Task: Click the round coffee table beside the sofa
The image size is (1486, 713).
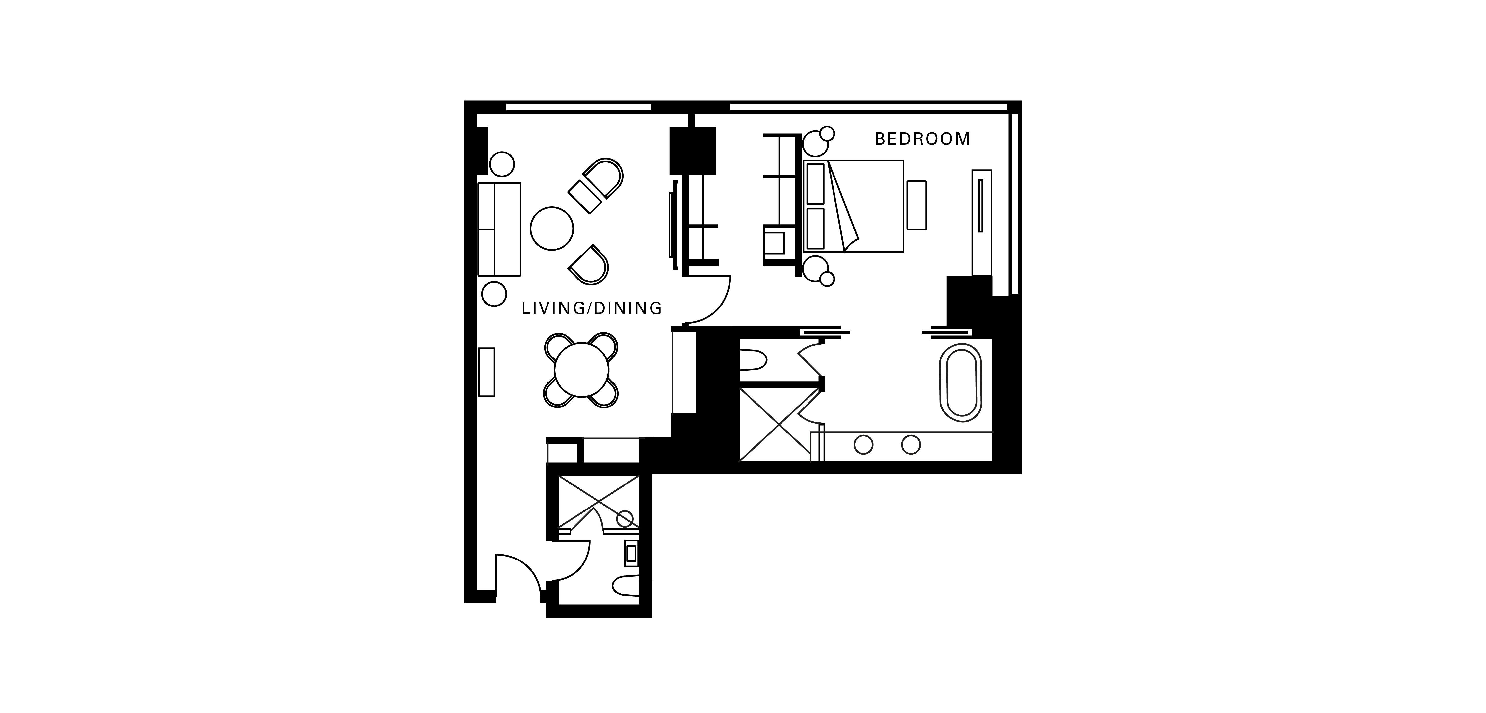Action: click(x=552, y=229)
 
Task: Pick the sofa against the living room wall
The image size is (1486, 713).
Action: click(x=499, y=229)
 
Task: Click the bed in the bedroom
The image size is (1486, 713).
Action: click(x=853, y=206)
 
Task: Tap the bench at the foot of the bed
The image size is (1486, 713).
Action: click(x=917, y=205)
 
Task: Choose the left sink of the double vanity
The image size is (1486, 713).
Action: click(x=863, y=445)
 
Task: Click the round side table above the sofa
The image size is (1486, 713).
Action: click(x=502, y=164)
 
